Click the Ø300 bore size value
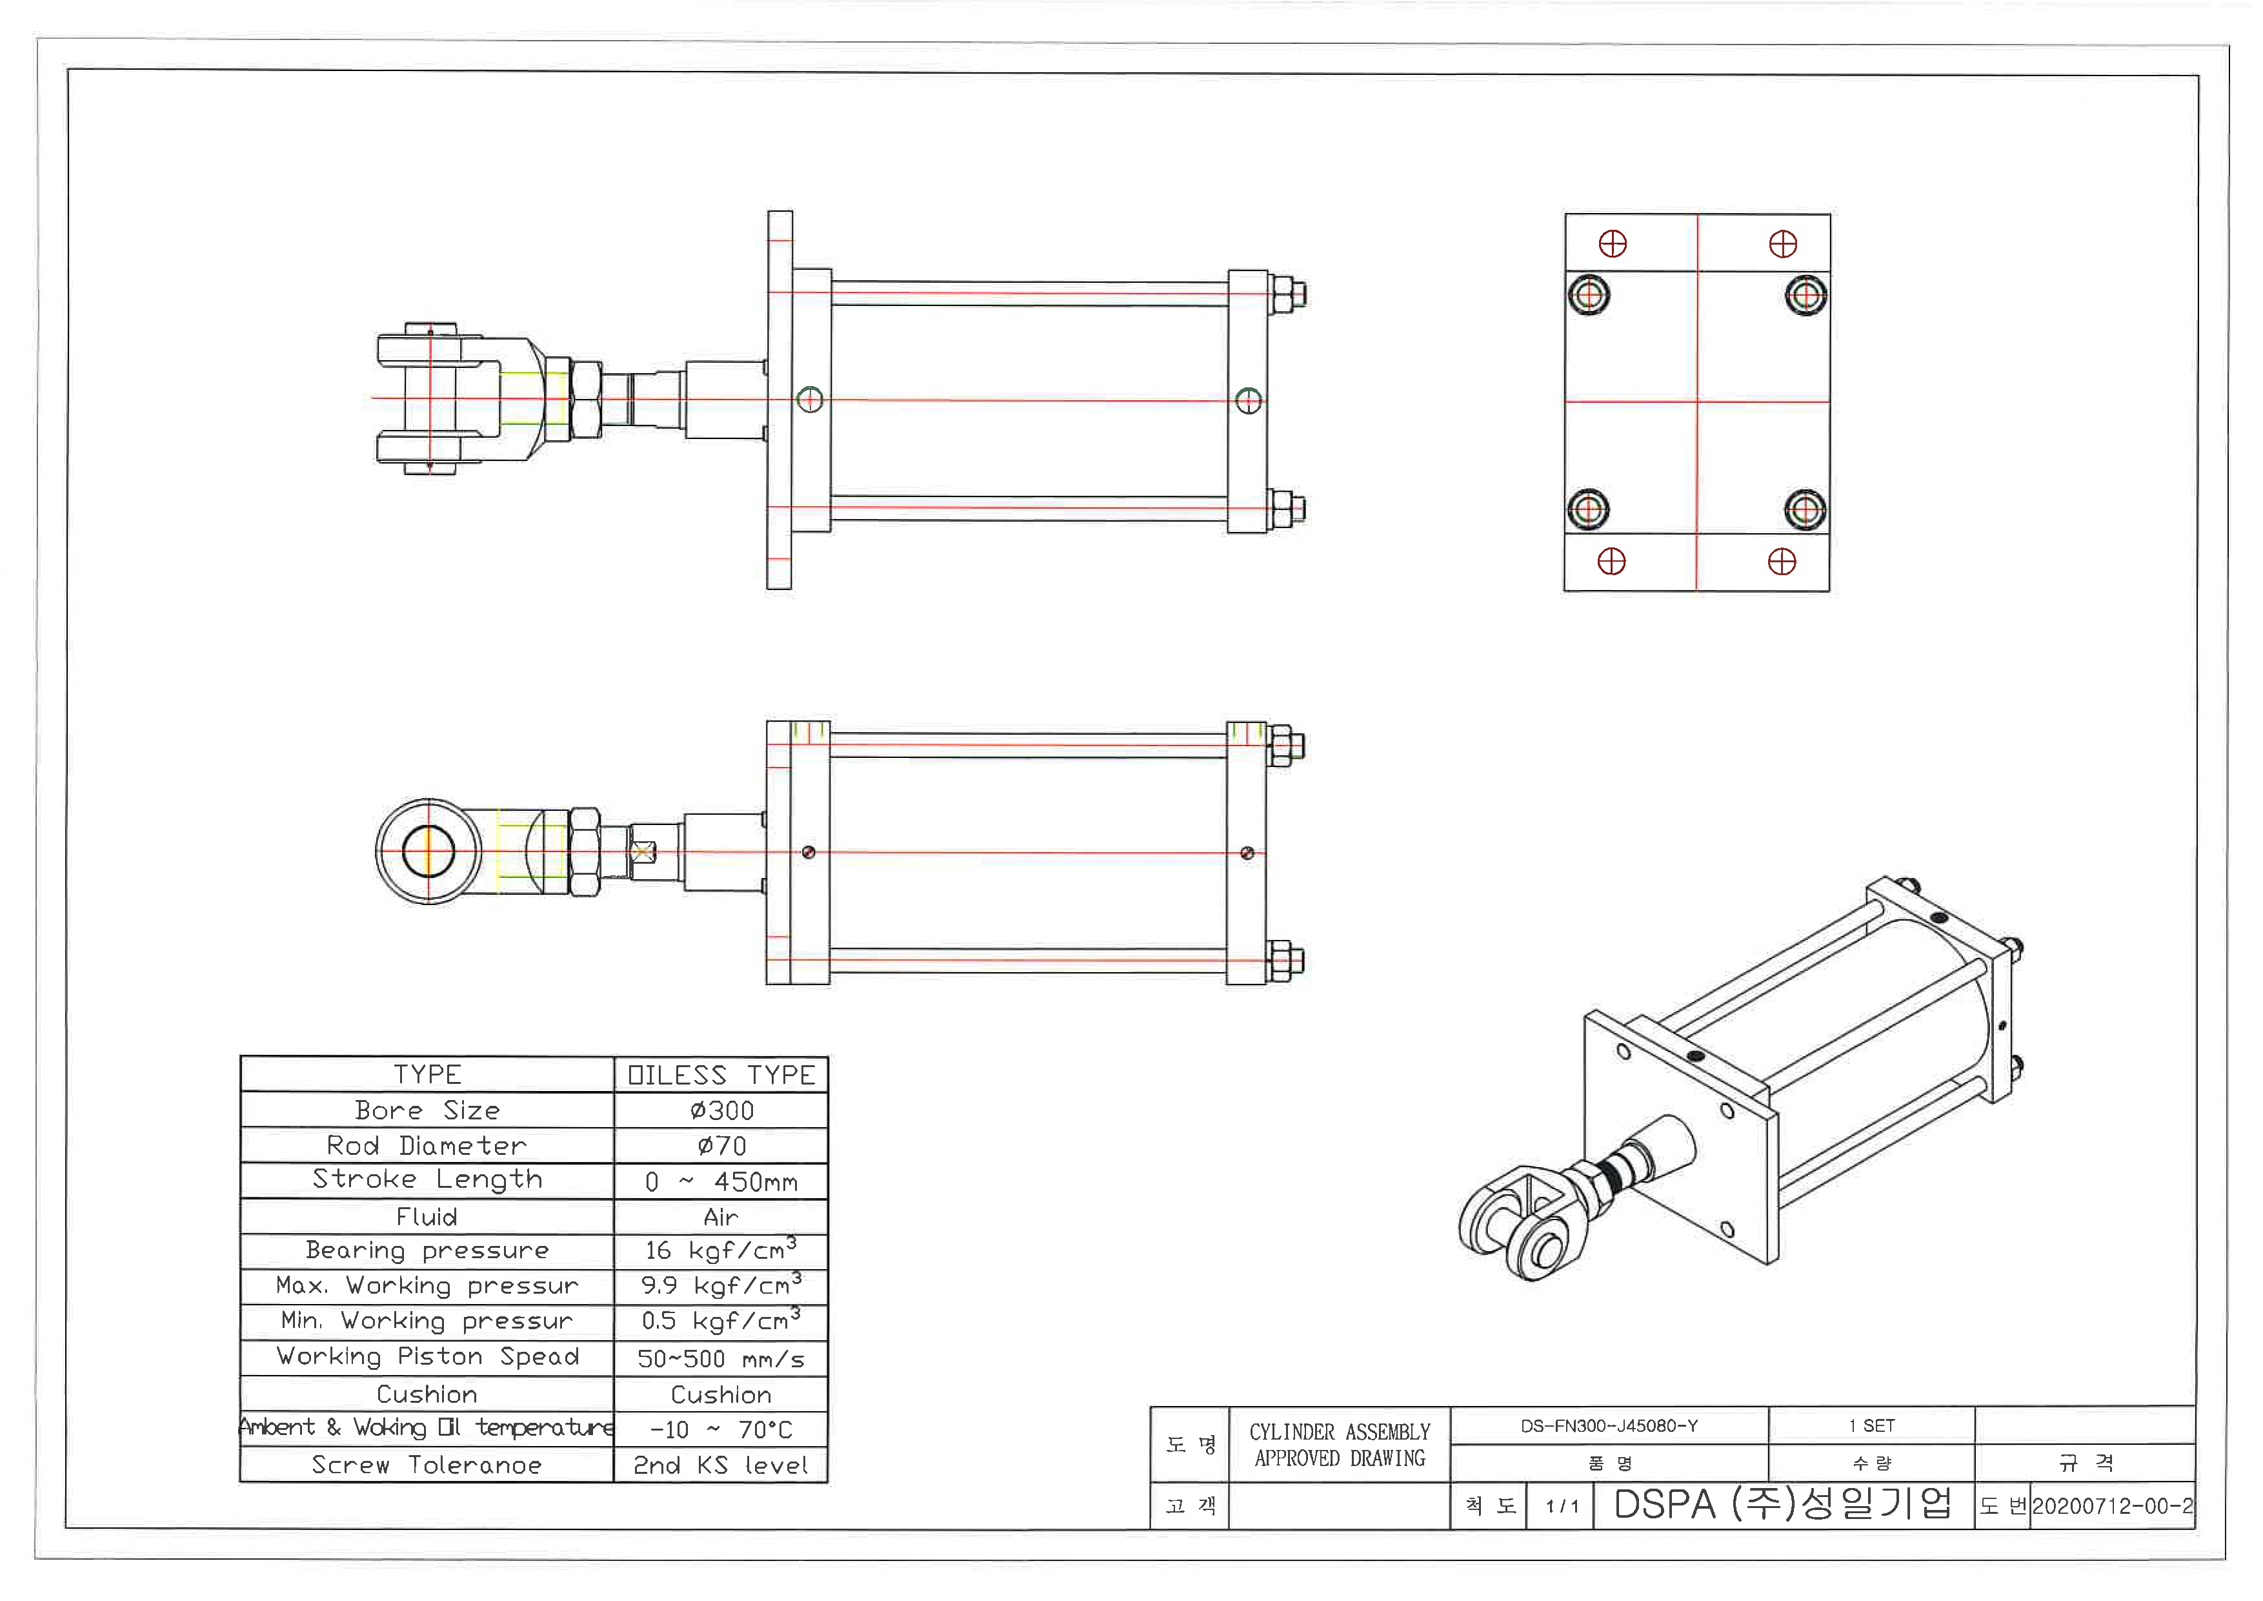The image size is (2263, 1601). click(x=721, y=1111)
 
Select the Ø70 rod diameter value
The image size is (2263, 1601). click(x=721, y=1147)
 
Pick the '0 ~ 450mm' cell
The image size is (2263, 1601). click(x=721, y=1182)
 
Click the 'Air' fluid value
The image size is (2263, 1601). click(x=721, y=1218)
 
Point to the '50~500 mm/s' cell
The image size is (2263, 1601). click(x=721, y=1360)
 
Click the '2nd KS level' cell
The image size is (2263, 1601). click(x=721, y=1466)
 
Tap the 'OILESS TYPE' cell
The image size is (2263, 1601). click(x=721, y=1076)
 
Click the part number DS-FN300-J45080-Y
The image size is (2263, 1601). click(x=1609, y=1427)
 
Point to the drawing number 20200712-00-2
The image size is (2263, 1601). click(x=2112, y=1506)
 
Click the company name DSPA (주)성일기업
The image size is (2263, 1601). click(x=1782, y=1504)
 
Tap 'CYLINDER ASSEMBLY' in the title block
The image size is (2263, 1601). click(x=1340, y=1433)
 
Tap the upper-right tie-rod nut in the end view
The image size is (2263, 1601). click(x=1805, y=295)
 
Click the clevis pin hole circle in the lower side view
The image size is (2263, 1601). click(x=428, y=851)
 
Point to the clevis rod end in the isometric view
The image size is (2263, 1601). click(x=1523, y=1227)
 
